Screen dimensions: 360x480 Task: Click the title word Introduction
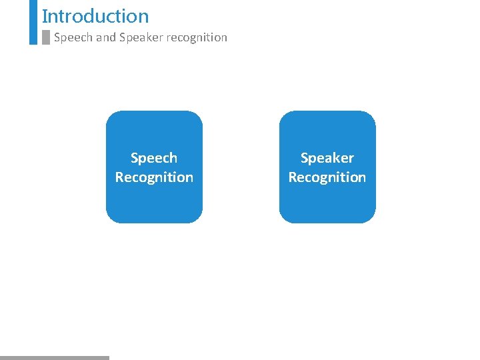coord(95,16)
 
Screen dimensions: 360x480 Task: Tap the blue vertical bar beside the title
coord(33,21)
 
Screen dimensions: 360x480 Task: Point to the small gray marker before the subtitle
coord(46,37)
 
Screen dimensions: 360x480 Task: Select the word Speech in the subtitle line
coord(73,37)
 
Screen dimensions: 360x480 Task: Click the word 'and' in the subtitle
coord(105,37)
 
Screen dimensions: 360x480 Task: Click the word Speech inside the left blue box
coord(154,158)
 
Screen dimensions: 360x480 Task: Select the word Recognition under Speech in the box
coord(154,177)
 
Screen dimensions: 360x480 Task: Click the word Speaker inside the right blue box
coord(327,158)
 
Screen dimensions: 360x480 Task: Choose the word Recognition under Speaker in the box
coord(327,177)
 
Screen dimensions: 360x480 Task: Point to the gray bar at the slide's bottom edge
coord(54,357)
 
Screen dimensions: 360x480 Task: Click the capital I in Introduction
coord(44,16)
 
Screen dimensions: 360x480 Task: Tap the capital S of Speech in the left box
coord(135,158)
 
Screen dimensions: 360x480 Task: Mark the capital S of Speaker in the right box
coord(305,158)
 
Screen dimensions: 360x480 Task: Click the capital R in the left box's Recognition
coord(119,177)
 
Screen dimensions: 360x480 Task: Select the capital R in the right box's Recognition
coord(293,177)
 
